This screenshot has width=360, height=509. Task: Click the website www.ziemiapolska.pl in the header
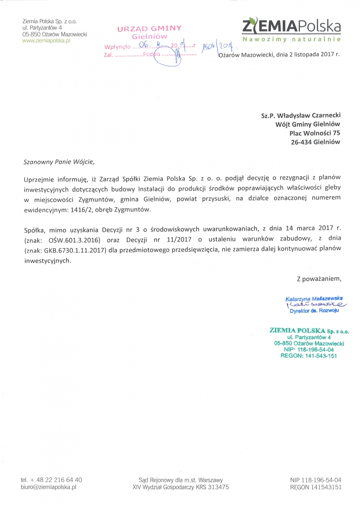(x=46, y=41)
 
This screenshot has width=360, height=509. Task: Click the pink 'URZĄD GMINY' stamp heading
(x=149, y=28)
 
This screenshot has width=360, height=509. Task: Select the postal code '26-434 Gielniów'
(x=316, y=142)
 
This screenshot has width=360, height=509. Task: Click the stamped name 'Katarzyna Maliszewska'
(x=314, y=298)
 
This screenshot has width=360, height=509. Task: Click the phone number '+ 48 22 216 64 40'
(x=56, y=480)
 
